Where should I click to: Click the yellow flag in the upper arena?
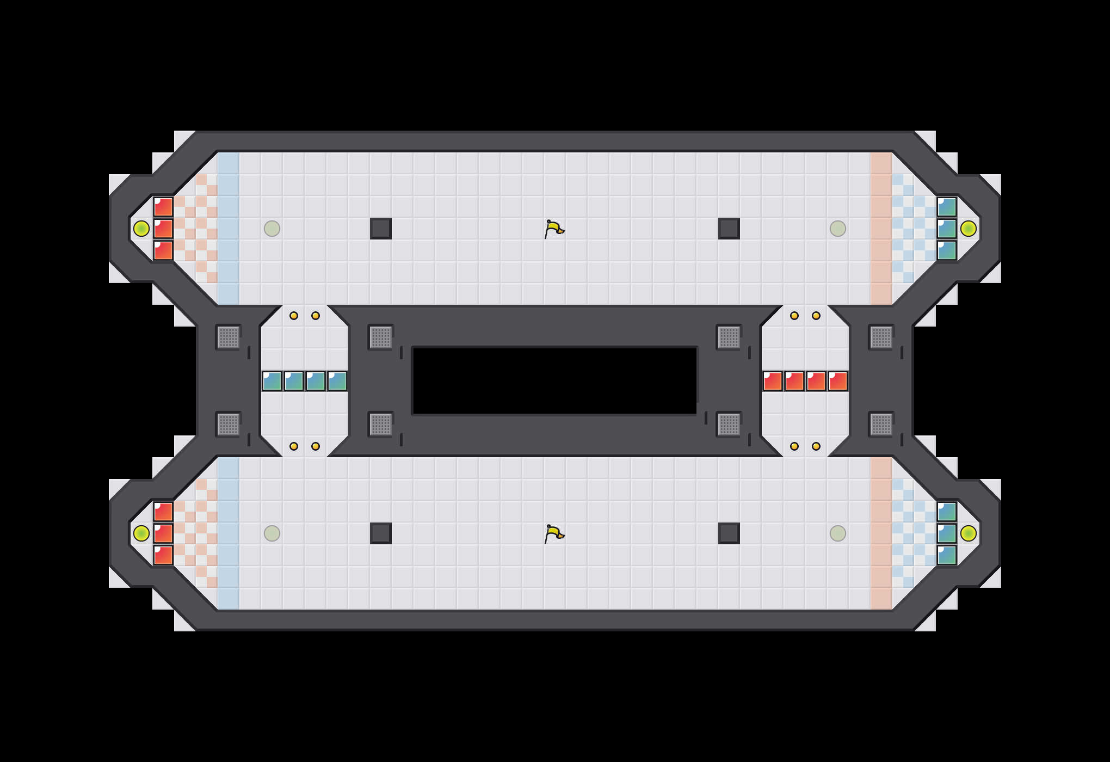point(554,229)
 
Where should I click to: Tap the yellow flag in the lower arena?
point(554,534)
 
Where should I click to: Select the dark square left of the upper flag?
point(381,229)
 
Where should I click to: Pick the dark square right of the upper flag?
point(729,229)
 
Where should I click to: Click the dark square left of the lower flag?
point(381,533)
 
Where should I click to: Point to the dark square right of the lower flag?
point(729,533)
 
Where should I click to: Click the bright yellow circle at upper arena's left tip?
point(141,229)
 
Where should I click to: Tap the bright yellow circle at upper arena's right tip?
point(969,229)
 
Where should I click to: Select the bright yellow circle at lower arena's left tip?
point(141,533)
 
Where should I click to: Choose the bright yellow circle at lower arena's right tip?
point(969,533)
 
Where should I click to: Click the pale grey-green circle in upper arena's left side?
point(272,229)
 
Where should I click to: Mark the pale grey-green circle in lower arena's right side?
point(838,533)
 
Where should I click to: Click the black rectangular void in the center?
point(555,381)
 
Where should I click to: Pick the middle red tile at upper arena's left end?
point(163,229)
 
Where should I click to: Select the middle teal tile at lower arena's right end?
point(947,533)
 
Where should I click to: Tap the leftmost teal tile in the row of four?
point(272,381)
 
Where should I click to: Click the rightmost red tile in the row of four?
point(838,381)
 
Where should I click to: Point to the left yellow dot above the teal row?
point(294,316)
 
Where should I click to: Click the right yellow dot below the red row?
point(816,446)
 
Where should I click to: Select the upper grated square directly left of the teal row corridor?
point(229,337)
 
